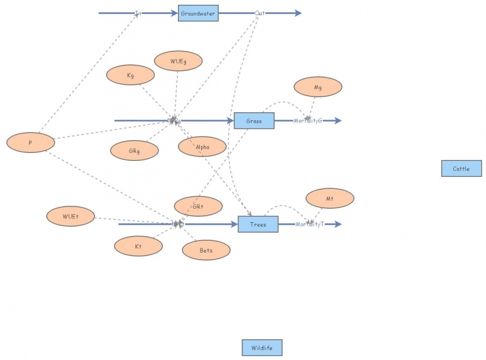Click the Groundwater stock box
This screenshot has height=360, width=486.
tap(198, 13)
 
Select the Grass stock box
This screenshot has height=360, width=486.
tap(254, 121)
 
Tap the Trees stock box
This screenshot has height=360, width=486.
tap(258, 225)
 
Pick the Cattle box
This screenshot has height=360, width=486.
tap(461, 169)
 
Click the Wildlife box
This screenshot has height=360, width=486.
tap(262, 348)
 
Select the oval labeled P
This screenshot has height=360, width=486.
tap(30, 143)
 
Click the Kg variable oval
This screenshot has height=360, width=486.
tap(131, 75)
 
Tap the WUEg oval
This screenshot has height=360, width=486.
tap(178, 61)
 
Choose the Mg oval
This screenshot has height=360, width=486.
tap(318, 87)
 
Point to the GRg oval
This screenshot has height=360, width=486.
tap(134, 151)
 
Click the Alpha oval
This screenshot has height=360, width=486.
tap(202, 147)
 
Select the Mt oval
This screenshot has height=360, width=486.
tap(330, 199)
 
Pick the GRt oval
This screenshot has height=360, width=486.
tap(198, 207)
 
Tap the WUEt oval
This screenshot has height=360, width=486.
tap(70, 216)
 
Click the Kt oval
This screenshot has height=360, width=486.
tap(139, 246)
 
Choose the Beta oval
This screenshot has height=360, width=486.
tap(206, 250)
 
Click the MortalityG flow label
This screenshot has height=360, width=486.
tap(308, 121)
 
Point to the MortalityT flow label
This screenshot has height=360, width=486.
tap(310, 225)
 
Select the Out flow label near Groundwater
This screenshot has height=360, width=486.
tap(260, 13)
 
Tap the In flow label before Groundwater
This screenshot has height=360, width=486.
tap(139, 13)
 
